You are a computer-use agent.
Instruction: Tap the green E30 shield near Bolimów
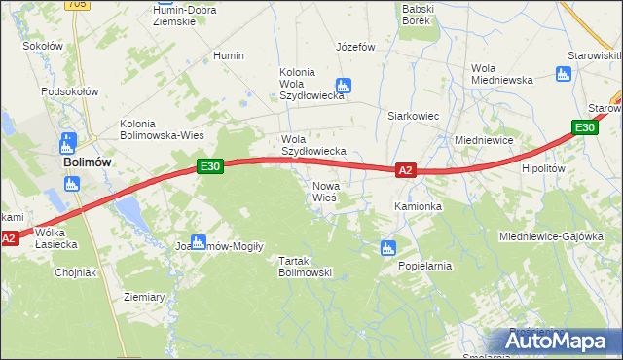211,166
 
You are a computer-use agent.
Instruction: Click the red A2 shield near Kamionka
407,170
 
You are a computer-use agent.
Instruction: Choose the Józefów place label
355,47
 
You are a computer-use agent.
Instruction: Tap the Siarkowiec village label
414,116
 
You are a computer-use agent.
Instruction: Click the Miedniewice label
484,140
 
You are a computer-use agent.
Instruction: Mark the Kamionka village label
418,207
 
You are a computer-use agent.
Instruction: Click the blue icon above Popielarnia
388,247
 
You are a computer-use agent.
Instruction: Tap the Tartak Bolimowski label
306,267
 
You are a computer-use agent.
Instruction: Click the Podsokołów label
70,91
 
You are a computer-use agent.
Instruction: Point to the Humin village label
228,56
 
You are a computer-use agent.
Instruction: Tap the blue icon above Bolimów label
67,143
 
